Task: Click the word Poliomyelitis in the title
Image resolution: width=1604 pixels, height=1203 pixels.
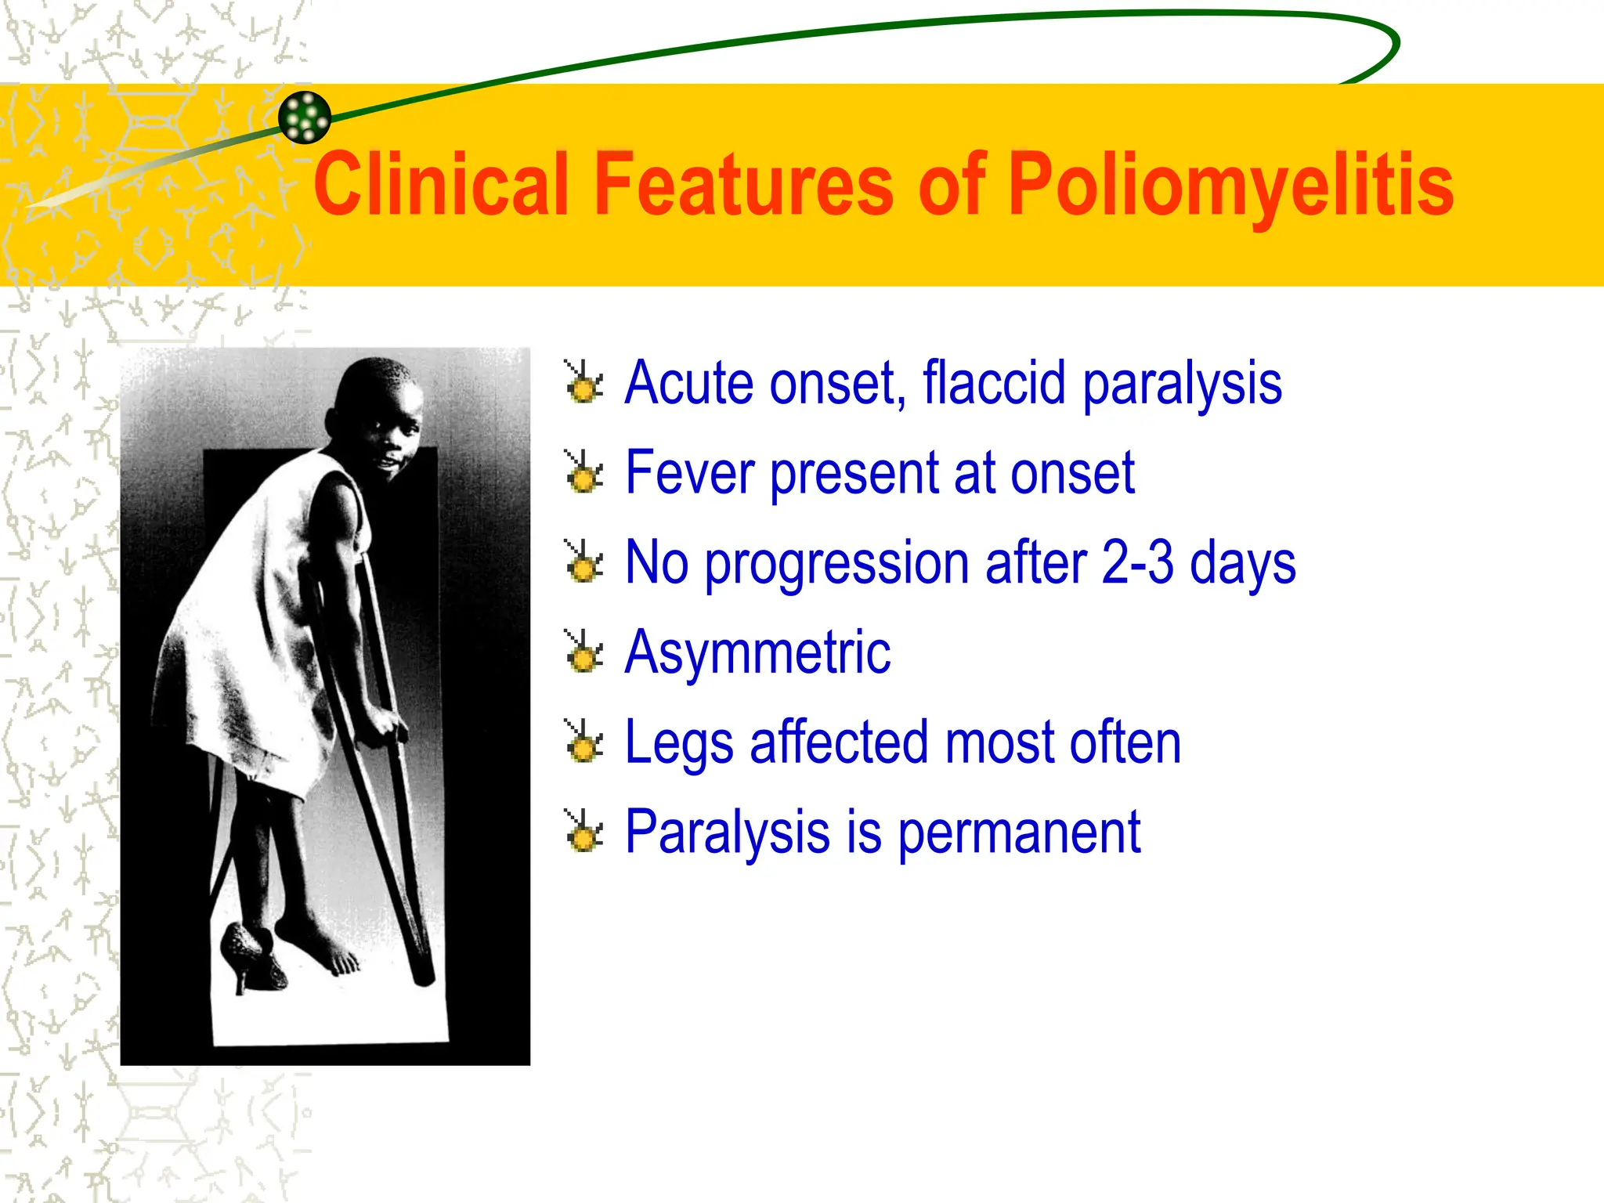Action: point(1230,184)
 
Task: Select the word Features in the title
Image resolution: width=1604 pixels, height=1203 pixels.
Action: point(743,184)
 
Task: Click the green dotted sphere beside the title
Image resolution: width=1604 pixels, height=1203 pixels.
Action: point(305,117)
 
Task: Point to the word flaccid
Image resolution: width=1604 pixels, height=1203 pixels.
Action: point(994,383)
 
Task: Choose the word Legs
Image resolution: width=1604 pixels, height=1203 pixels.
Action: point(678,743)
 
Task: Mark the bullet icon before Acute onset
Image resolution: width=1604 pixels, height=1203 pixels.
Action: point(584,383)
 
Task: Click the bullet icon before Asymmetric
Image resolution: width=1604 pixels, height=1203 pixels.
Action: point(584,652)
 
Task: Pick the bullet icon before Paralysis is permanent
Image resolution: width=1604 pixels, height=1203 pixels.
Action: point(584,832)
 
